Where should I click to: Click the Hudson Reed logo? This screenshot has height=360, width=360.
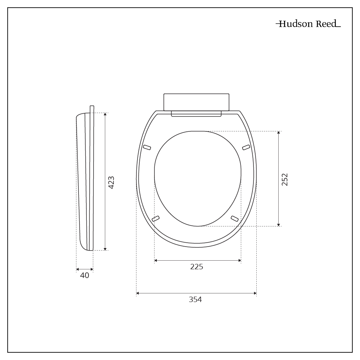pos(308,24)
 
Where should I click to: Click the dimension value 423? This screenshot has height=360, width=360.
pos(111,183)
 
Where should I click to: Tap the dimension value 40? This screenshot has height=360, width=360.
pos(85,275)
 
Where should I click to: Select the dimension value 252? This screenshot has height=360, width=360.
pos(285,179)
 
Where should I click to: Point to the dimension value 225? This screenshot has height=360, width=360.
pos(197,267)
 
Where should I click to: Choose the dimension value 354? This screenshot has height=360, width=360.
pos(195,300)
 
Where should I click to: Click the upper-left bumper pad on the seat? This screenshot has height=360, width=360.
pos(147,147)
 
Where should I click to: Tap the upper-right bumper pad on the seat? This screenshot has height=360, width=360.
pos(246,147)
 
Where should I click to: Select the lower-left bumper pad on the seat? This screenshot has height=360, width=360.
pos(156,219)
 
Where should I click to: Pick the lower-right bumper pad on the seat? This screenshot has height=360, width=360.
pos(235,219)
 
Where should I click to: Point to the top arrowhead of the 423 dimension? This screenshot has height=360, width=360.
pos(105,114)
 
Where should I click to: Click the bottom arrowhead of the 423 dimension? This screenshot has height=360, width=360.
pos(105,248)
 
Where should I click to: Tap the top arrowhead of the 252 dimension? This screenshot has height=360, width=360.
pos(279,133)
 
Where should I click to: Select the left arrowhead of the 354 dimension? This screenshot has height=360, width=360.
pos(138,293)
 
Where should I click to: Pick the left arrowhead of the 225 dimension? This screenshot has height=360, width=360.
pos(156,260)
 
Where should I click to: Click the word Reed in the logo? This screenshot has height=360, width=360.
pos(326,24)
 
